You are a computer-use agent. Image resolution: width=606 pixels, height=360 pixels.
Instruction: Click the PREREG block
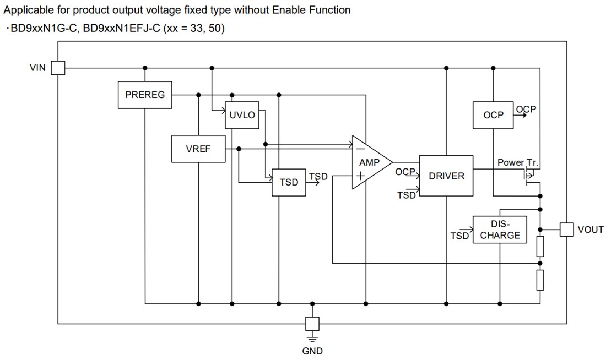pyautogui.click(x=145, y=95)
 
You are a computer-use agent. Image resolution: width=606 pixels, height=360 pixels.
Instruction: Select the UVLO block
pyautogui.click(x=242, y=115)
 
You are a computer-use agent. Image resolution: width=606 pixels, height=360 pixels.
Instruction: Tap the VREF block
pyautogui.click(x=198, y=149)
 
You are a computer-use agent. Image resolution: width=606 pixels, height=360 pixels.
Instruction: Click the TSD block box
pyautogui.click(x=289, y=182)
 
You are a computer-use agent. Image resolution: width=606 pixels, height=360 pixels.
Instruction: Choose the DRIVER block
pyautogui.click(x=446, y=176)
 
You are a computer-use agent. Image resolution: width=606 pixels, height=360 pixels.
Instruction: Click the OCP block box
pyautogui.click(x=493, y=115)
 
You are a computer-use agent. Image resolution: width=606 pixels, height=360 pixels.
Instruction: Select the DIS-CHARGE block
pyautogui.click(x=500, y=230)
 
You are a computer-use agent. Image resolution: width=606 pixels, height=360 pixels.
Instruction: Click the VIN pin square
pyautogui.click(x=58, y=68)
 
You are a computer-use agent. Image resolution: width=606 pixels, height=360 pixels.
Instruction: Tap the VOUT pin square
pyautogui.click(x=567, y=230)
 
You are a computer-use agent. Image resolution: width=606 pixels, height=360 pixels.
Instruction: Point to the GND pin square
pyautogui.click(x=312, y=324)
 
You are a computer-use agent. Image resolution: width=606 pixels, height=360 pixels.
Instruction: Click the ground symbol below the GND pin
pyautogui.click(x=312, y=337)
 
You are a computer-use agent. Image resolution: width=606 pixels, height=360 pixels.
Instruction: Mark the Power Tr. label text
pyautogui.click(x=517, y=163)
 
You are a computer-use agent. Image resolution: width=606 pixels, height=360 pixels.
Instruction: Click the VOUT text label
pyautogui.click(x=591, y=230)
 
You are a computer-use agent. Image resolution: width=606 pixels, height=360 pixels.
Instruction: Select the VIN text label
pyautogui.click(x=38, y=68)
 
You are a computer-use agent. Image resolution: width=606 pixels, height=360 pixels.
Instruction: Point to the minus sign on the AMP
pyautogui.click(x=360, y=149)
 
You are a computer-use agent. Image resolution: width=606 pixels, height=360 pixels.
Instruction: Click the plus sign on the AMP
pyautogui.click(x=360, y=176)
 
